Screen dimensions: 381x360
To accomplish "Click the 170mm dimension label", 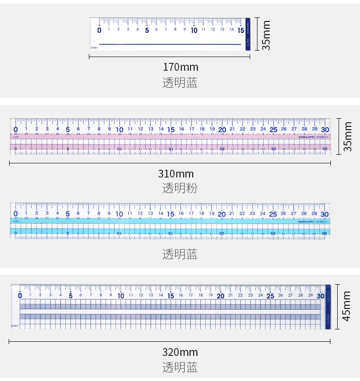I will [x=180, y=67].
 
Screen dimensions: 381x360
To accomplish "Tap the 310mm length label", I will [x=176, y=174].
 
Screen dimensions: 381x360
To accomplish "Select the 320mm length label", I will [x=180, y=352].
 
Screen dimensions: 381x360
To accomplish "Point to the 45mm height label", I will [x=347, y=306].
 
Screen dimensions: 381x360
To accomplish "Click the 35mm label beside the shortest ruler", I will [x=266, y=35].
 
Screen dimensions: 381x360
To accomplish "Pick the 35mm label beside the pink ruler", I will [x=348, y=136].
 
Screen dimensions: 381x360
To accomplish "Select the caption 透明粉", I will [x=180, y=188].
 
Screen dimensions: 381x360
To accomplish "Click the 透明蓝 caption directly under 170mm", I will [x=180, y=83].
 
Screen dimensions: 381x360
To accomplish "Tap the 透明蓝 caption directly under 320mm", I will [x=180, y=367].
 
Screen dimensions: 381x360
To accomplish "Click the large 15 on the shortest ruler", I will [x=241, y=30].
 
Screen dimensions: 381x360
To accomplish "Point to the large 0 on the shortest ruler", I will [x=100, y=31].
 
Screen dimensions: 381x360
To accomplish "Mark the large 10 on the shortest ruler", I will [x=194, y=30].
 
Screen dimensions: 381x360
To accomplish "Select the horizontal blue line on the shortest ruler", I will [x=170, y=44].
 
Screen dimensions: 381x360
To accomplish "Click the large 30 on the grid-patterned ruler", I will [x=321, y=296].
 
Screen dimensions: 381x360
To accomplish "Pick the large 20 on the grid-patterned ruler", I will [x=221, y=296].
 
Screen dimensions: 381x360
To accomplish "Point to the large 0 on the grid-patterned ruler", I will [x=20, y=296].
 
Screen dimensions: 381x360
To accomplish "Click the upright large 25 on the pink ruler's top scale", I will [x=273, y=129].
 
